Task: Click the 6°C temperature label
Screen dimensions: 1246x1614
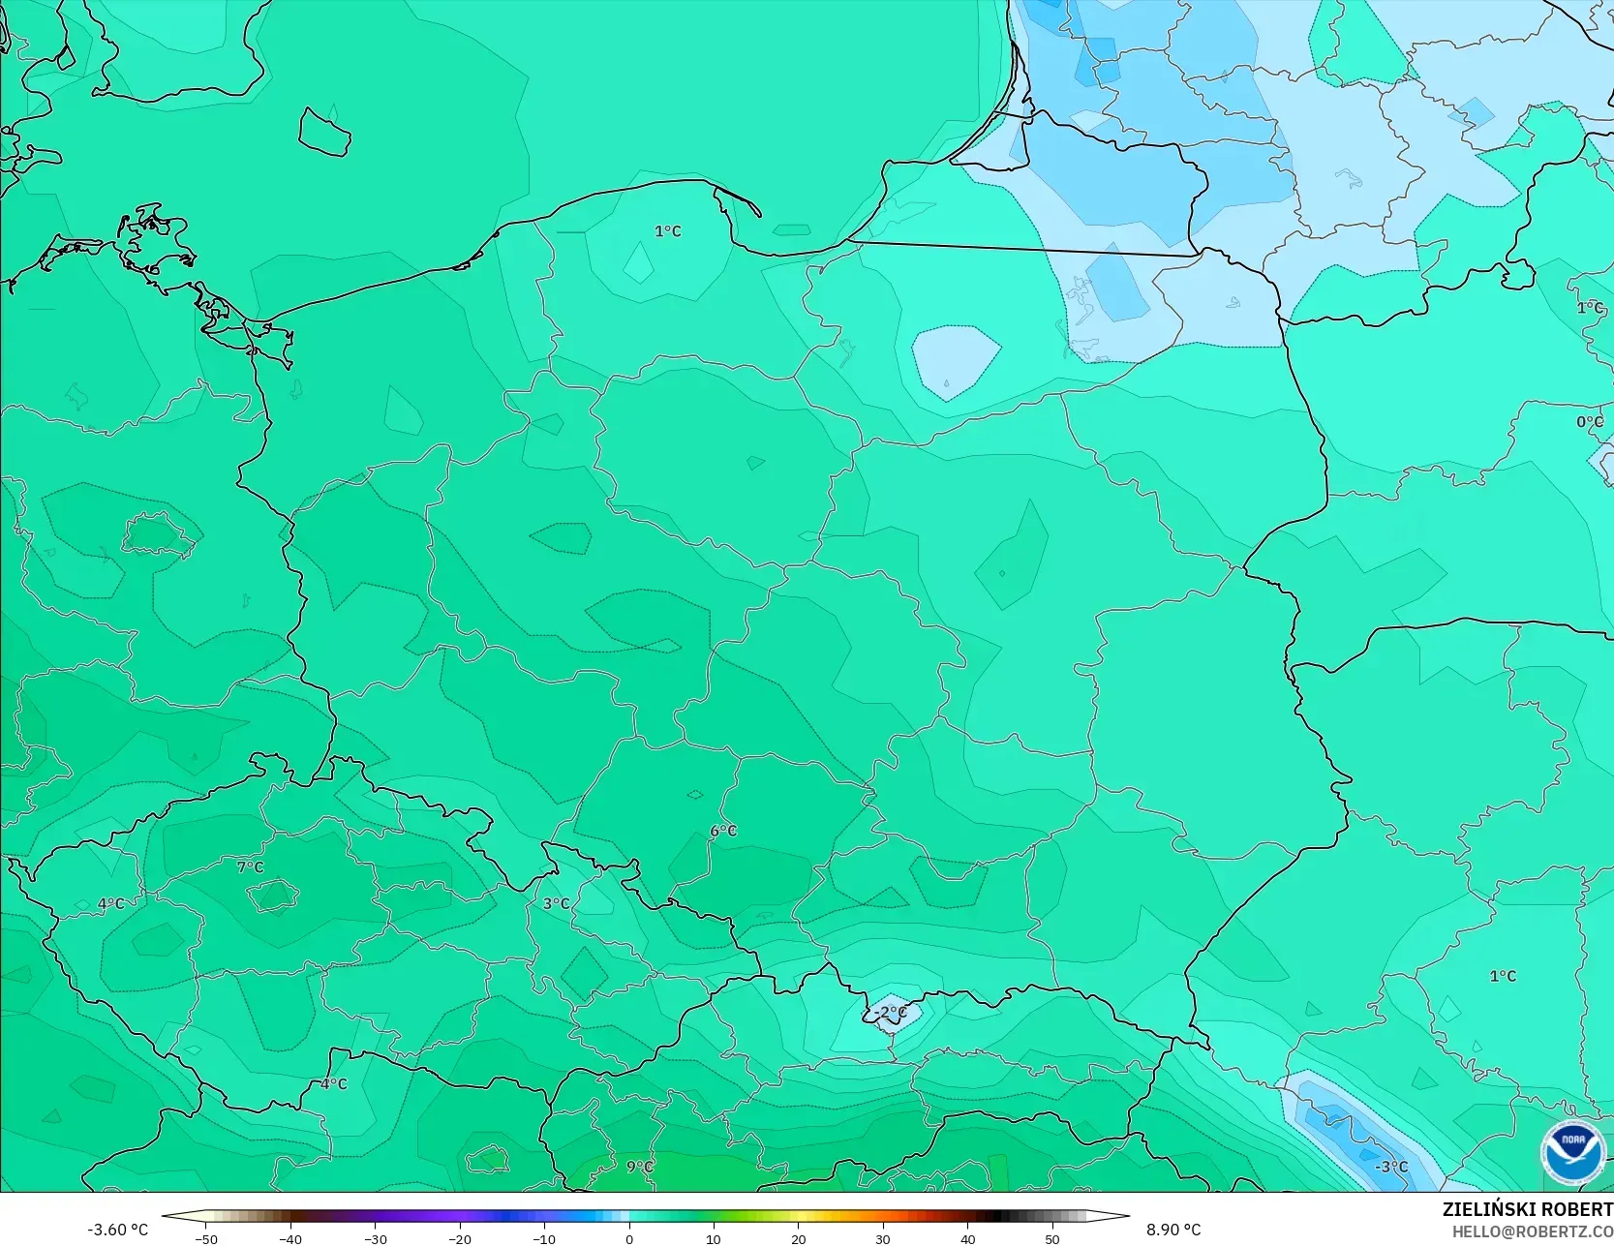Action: click(722, 831)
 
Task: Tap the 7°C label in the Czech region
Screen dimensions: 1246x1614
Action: click(250, 866)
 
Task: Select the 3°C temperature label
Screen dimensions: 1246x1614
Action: click(555, 903)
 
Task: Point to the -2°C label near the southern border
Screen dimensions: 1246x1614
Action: click(890, 1013)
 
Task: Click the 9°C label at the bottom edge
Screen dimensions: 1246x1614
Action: click(639, 1167)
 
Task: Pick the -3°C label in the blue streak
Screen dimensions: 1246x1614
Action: click(1391, 1167)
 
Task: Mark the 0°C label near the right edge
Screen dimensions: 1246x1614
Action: click(1589, 422)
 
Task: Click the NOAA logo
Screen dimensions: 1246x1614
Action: click(1573, 1152)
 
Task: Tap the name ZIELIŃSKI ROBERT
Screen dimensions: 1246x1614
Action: click(1527, 1209)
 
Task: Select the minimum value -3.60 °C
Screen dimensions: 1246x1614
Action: click(117, 1230)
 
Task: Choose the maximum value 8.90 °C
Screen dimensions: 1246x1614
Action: click(1173, 1230)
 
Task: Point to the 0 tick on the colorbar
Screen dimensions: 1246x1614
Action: click(629, 1238)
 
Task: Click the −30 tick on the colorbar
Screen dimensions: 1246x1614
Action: click(375, 1238)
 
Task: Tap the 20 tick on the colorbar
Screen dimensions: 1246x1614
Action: click(799, 1238)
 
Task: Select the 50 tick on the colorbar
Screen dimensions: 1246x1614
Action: click(1052, 1238)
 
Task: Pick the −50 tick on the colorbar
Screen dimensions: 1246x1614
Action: click(205, 1238)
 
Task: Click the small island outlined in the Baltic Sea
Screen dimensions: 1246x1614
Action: click(323, 131)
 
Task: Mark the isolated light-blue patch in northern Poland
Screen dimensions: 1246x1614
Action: click(955, 361)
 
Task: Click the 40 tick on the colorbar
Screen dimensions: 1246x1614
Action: click(968, 1238)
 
